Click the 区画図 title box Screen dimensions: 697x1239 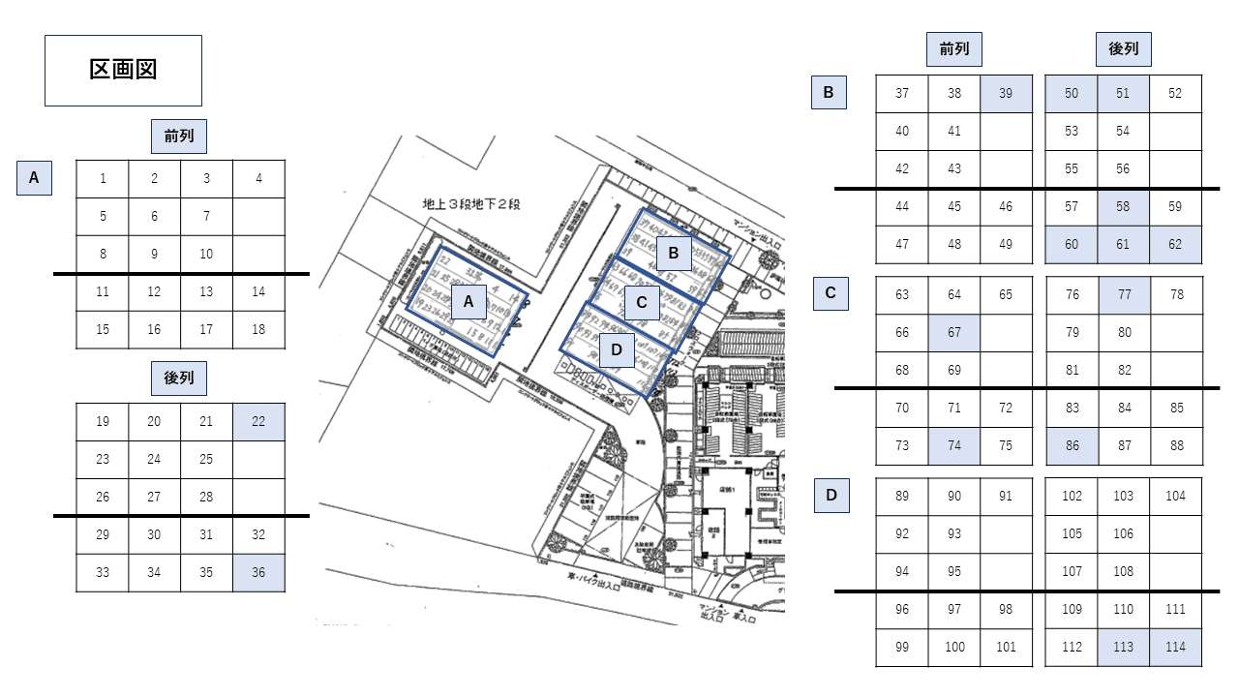pos(123,71)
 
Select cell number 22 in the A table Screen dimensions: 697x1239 pos(258,421)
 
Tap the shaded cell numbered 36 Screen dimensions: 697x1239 pos(258,572)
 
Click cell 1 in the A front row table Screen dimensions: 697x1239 pos(103,178)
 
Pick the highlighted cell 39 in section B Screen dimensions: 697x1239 pos(1006,94)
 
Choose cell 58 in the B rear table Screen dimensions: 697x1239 pos(1123,206)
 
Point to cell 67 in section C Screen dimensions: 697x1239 pos(954,332)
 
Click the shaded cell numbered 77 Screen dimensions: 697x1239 pos(1123,295)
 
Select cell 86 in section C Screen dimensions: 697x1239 pos(1072,445)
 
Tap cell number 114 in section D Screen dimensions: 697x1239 pos(1175,648)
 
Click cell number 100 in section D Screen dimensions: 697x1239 pos(954,648)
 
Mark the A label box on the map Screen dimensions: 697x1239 pos(468,302)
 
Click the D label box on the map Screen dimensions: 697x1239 pos(616,350)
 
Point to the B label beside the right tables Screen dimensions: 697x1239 pos(829,93)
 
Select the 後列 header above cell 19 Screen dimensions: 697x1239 pos(179,378)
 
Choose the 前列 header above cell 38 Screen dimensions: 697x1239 pos(953,48)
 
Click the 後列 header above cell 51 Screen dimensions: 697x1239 pos(1123,48)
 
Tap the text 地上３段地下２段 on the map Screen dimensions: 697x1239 pos(471,204)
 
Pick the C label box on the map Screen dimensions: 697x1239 pos(641,303)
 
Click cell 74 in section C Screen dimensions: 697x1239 pos(954,445)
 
